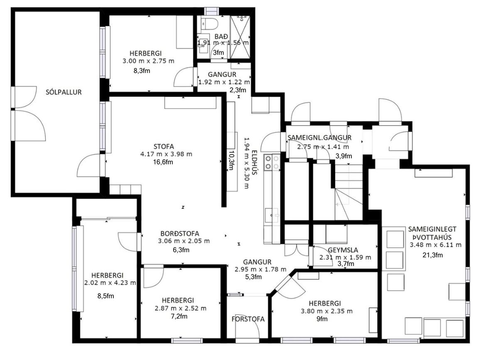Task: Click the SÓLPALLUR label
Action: coord(64,92)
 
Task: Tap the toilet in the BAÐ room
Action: coord(209,23)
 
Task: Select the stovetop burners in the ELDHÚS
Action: coord(272,162)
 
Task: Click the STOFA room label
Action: coord(164,147)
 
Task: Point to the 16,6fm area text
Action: coord(163,162)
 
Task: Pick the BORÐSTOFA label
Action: coord(180,234)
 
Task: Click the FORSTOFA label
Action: coord(248,319)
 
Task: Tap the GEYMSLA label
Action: coord(343,250)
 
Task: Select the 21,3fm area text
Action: coord(432,255)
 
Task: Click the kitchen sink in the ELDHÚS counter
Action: coord(272,215)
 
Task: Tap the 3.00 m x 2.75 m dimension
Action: coord(148,61)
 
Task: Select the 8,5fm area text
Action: coord(106,296)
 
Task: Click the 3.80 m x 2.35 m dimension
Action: coord(327,311)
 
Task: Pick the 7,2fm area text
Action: coord(179,316)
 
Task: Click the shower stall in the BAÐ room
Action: coord(240,37)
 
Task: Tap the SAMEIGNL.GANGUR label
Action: coord(319,137)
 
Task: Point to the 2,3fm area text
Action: coord(238,90)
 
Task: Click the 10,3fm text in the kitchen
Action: coord(231,160)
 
